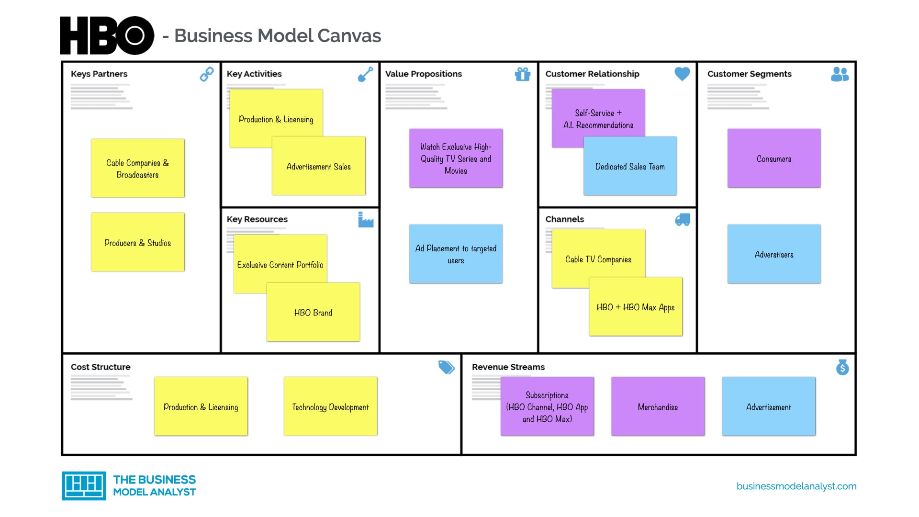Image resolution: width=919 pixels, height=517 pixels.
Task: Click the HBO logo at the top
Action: click(107, 35)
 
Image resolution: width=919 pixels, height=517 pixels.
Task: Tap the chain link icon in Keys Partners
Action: click(207, 74)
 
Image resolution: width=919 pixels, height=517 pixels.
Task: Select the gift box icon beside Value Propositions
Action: click(522, 74)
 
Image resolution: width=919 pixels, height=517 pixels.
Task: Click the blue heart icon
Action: click(682, 74)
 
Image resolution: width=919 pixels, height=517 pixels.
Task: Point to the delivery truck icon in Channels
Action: click(683, 220)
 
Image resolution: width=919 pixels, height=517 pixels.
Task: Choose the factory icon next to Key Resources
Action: click(366, 220)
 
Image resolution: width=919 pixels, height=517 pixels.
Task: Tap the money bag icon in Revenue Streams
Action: click(842, 367)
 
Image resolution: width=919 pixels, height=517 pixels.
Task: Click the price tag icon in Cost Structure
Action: click(446, 367)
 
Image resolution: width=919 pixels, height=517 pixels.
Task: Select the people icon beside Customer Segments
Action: click(840, 74)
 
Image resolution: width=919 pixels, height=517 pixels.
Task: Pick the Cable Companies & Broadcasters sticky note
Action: click(138, 169)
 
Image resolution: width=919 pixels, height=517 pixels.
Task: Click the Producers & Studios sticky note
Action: click(138, 243)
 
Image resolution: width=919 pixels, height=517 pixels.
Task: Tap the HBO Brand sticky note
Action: click(313, 313)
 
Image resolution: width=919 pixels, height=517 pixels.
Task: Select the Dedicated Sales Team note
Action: click(630, 167)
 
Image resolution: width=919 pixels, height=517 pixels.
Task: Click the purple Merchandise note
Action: click(658, 407)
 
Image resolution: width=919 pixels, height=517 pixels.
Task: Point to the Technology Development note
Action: click(330, 407)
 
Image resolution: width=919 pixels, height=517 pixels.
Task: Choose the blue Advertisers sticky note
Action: click(774, 254)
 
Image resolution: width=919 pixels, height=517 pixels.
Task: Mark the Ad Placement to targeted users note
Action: click(456, 254)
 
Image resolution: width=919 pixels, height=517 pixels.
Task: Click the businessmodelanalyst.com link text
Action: click(796, 486)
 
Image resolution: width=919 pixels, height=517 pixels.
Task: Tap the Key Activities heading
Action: click(254, 74)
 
